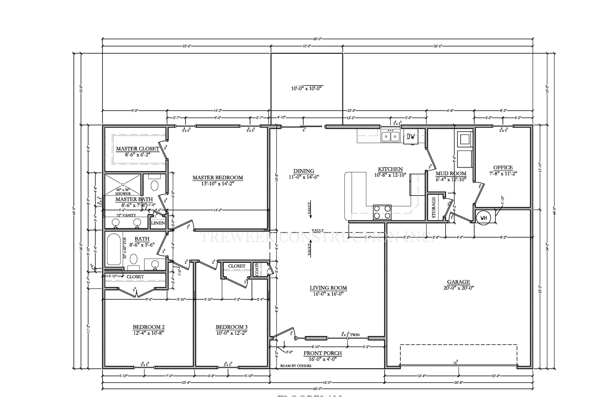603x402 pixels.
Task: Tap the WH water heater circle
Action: point(483,218)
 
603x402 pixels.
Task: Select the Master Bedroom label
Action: point(218,178)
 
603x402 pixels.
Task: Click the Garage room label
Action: point(459,282)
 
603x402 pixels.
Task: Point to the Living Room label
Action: point(328,288)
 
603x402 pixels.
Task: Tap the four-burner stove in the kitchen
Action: point(382,212)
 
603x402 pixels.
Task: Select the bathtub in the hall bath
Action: point(114,249)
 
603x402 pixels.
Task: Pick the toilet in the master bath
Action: point(154,185)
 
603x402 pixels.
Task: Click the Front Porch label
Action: point(322,353)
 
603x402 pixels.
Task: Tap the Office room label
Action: point(503,168)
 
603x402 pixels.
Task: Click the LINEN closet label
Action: point(158,223)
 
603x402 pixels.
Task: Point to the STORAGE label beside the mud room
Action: point(433,207)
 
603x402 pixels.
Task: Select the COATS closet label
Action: point(257,269)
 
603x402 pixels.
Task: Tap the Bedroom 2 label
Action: point(148,327)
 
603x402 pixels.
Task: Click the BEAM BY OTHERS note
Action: point(296,366)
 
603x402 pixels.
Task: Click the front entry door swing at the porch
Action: point(283,333)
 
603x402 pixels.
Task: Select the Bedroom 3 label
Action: point(231,327)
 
